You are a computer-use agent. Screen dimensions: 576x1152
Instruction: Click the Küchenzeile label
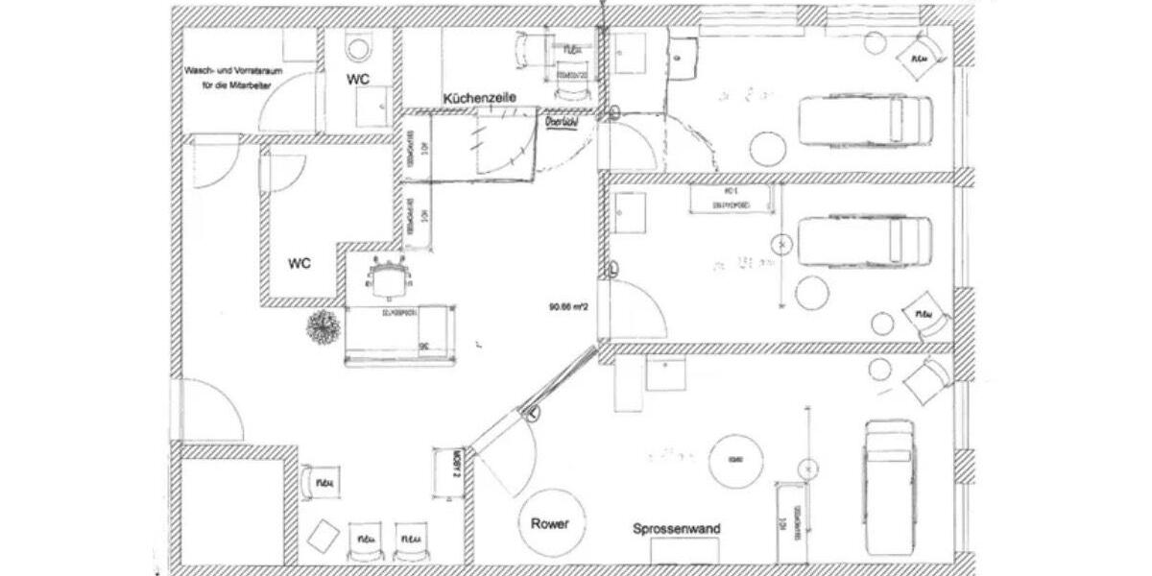click(x=480, y=98)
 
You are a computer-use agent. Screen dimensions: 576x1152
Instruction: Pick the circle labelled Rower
click(x=550, y=523)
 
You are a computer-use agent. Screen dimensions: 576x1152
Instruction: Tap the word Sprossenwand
click(x=677, y=529)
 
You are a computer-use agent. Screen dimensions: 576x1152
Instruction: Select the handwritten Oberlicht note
click(x=561, y=124)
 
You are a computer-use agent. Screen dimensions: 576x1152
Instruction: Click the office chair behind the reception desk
click(x=388, y=279)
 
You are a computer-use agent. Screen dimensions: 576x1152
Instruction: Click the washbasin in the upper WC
click(x=372, y=107)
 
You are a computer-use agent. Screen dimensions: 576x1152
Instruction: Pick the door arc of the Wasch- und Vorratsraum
click(x=285, y=98)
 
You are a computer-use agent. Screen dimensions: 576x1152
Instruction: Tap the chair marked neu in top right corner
click(x=919, y=56)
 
